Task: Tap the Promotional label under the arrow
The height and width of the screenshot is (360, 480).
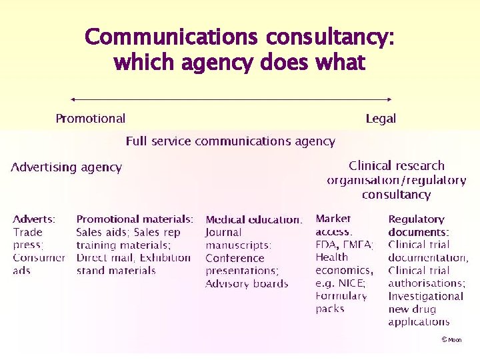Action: [90, 119]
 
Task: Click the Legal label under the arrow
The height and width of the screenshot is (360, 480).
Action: [381, 119]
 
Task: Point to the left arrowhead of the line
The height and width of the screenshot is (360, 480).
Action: [72, 99]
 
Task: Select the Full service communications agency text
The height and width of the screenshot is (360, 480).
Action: [230, 141]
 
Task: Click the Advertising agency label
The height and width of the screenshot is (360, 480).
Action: [67, 167]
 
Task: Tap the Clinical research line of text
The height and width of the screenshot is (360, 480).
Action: [396, 165]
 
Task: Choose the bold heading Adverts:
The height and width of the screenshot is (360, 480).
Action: [34, 219]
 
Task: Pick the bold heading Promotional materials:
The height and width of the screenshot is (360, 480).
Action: [135, 219]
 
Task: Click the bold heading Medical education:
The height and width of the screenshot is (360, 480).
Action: [253, 219]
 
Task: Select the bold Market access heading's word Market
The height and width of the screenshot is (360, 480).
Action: [333, 218]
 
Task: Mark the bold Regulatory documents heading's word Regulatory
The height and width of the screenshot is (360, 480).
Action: [416, 219]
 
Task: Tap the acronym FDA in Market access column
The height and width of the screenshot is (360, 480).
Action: [327, 245]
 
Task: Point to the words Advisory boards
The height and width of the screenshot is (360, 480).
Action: [247, 283]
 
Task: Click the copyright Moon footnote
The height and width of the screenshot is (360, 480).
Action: [451, 340]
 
